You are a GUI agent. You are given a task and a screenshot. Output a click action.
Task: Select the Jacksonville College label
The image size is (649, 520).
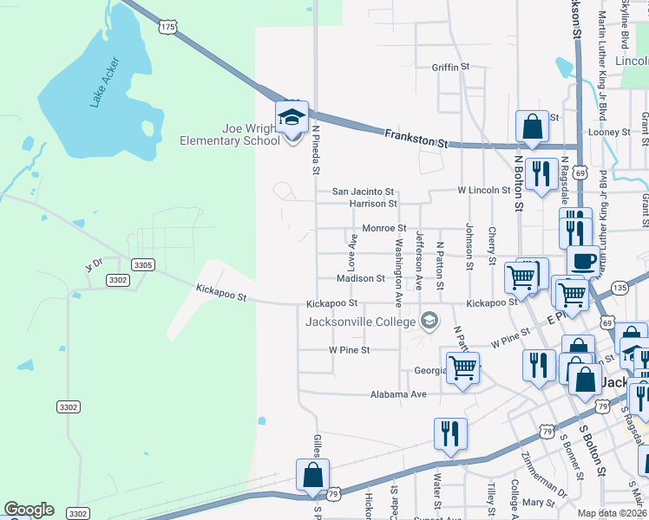(360, 322)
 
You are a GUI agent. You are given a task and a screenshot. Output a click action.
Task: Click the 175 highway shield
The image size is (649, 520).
(167, 28)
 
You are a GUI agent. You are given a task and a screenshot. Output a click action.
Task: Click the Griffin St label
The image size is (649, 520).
(450, 67)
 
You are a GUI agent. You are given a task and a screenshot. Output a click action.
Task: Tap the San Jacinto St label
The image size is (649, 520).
(364, 192)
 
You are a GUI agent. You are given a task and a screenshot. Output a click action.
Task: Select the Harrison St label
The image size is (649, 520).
(372, 204)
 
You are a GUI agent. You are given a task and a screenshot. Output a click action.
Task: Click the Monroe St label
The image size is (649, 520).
(384, 228)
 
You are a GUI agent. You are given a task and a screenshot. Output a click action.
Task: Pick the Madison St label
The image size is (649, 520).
(360, 279)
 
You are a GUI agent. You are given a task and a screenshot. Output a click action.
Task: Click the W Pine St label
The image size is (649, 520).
(349, 350)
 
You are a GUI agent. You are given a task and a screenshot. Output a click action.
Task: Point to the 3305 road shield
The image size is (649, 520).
(143, 264)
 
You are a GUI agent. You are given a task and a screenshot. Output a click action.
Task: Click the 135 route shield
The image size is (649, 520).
(619, 287)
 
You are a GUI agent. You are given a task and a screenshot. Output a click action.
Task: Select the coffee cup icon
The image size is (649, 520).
(583, 260)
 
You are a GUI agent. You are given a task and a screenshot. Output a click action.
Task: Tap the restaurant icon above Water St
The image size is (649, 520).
(450, 432)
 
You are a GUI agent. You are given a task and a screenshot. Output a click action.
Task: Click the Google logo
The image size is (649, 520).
(29, 510)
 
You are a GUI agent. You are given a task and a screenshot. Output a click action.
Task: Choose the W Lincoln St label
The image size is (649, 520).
(484, 190)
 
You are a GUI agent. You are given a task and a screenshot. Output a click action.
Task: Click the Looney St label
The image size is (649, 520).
(609, 132)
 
